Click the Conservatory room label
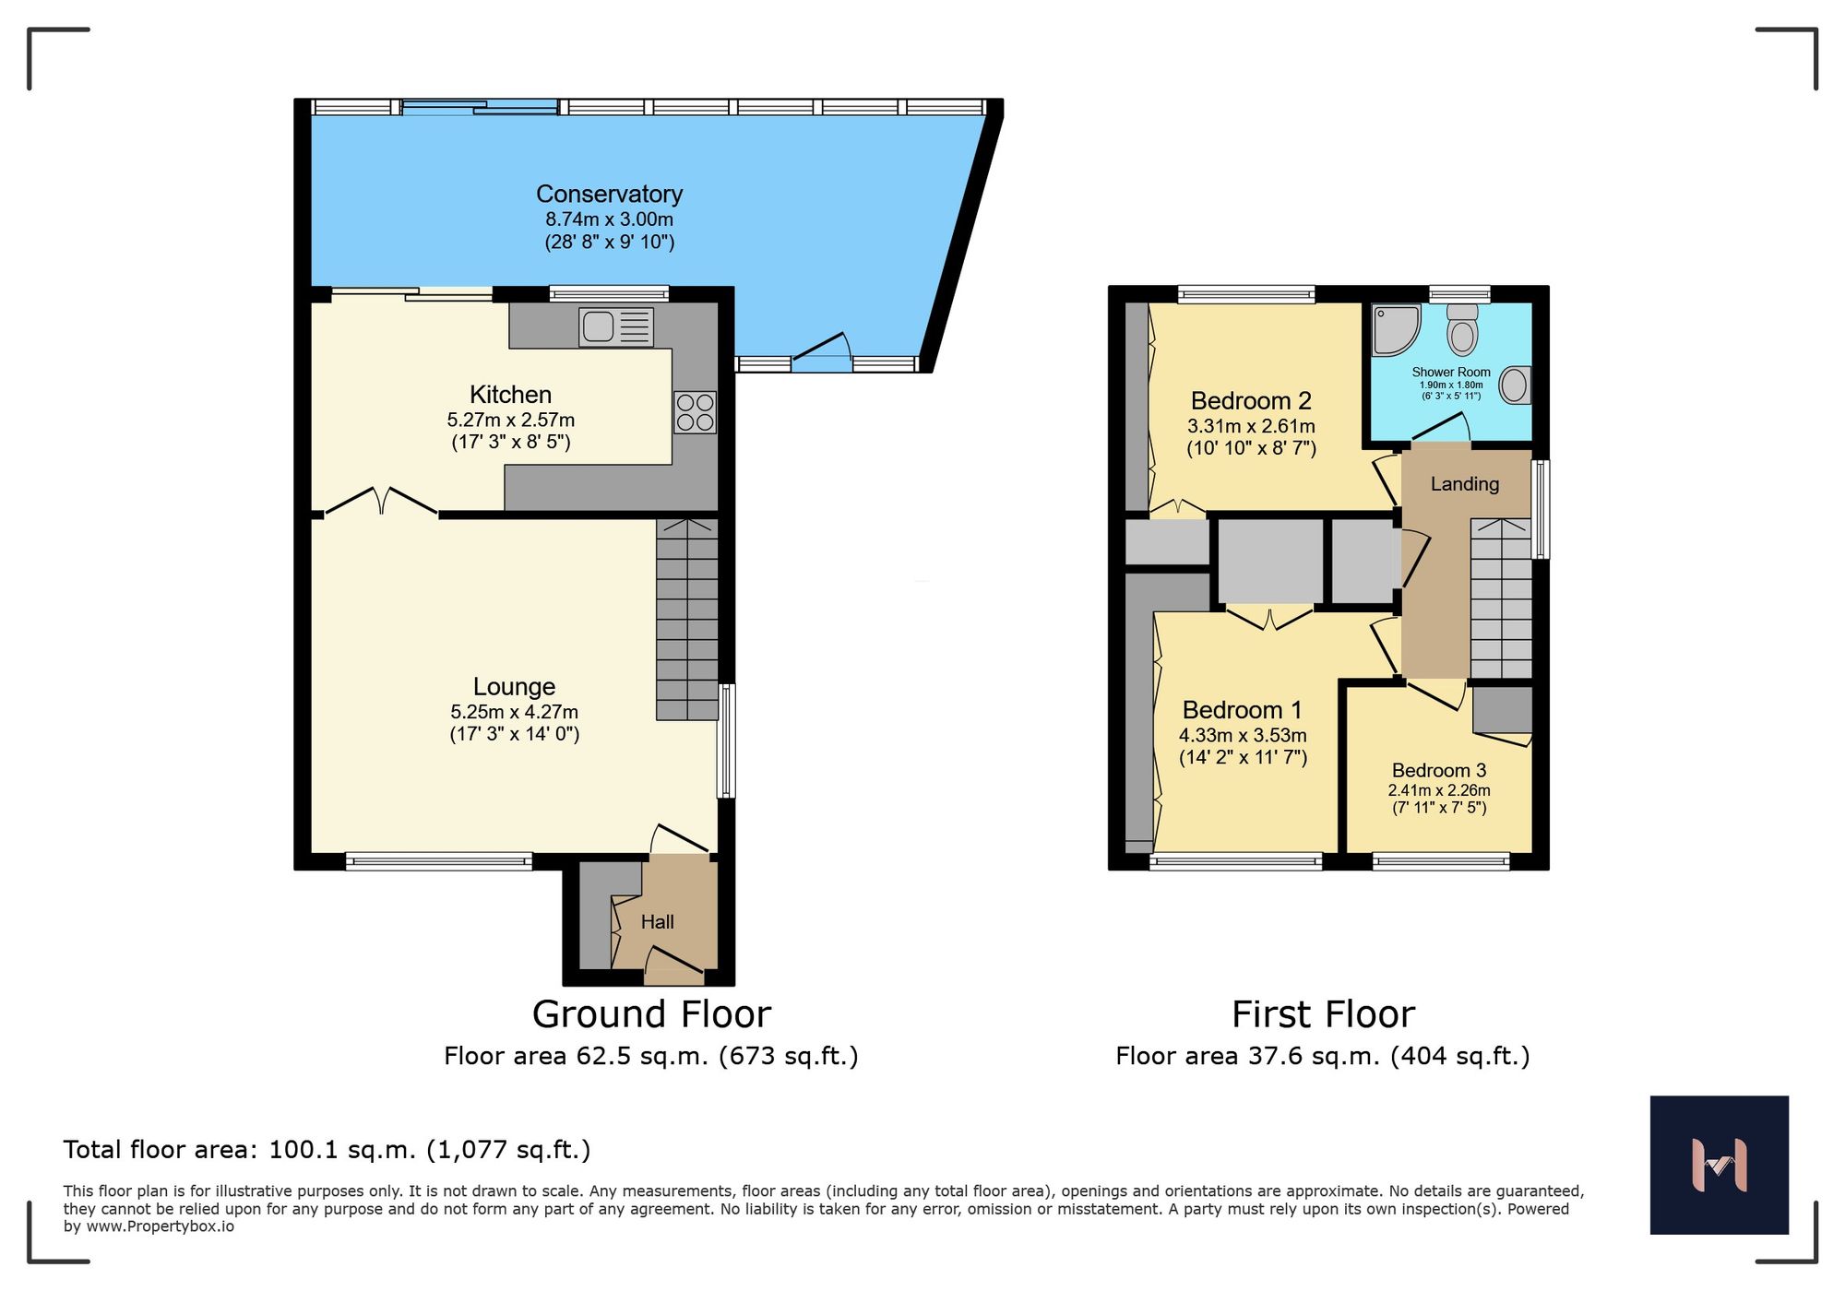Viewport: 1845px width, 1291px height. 609,195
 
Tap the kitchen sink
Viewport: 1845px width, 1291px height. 615,326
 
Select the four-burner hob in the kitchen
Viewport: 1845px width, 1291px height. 695,412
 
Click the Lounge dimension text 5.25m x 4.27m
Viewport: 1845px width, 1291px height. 514,712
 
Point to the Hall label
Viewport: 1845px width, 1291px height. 657,921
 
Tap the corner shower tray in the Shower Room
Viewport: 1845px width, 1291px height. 1394,330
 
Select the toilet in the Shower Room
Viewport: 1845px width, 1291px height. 1462,330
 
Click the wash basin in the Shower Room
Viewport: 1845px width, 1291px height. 1514,385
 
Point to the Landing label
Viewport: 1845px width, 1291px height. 1464,484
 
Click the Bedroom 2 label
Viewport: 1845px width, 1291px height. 1250,401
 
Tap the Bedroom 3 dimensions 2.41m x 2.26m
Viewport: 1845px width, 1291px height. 1438,790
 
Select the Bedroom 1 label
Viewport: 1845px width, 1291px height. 1242,710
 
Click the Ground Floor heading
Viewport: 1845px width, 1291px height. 651,1014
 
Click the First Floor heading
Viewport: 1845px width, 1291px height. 1322,1014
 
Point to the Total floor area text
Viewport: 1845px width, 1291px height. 327,1150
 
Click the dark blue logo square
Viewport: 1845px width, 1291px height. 1719,1165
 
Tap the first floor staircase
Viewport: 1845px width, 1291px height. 1500,599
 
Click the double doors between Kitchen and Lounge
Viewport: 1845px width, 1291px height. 381,501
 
